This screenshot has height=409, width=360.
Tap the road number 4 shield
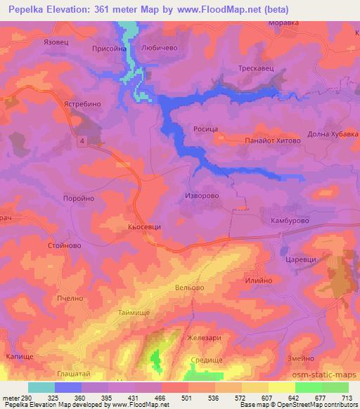[x=82, y=141]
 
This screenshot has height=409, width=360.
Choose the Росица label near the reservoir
[x=206, y=129]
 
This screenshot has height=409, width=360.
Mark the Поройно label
[x=78, y=198]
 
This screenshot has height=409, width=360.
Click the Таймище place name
[x=134, y=311]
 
